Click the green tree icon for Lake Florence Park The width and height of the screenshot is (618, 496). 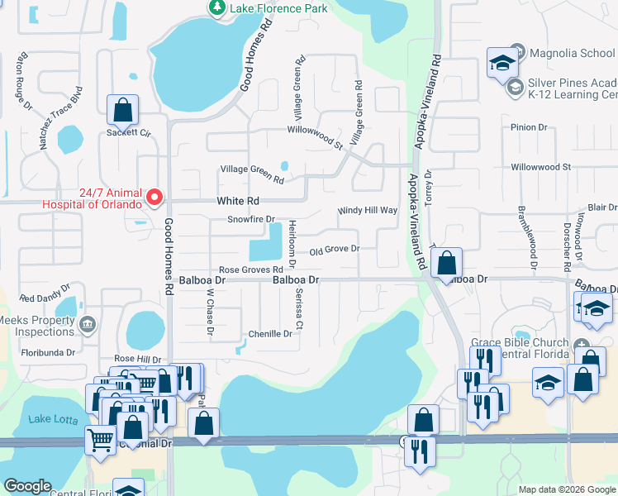pyautogui.click(x=216, y=8)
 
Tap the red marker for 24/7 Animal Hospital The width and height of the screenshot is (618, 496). pyautogui.click(x=154, y=198)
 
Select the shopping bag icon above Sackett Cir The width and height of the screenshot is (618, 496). pyautogui.click(x=122, y=110)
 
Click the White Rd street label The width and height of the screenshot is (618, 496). pyautogui.click(x=238, y=201)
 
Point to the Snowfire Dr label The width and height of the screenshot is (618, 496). pyautogui.click(x=251, y=220)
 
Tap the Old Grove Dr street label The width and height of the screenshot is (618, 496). pyautogui.click(x=335, y=249)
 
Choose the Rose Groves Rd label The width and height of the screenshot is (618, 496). pyautogui.click(x=251, y=270)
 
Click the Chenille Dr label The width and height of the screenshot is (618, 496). pyautogui.click(x=270, y=334)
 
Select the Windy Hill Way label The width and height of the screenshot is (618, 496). pyautogui.click(x=368, y=211)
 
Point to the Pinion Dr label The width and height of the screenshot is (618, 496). pyautogui.click(x=530, y=127)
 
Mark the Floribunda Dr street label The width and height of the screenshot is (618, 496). pyautogui.click(x=48, y=352)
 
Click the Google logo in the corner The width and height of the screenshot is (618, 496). pyautogui.click(x=27, y=485)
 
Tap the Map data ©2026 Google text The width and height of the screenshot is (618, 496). pyautogui.click(x=566, y=489)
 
